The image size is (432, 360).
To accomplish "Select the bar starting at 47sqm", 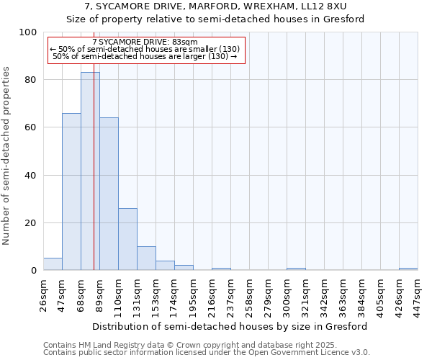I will (71, 192).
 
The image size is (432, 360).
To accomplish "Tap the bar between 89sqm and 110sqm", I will (109, 194).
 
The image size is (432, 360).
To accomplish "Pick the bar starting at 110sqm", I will (127, 239).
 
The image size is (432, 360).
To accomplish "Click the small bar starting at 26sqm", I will (53, 264).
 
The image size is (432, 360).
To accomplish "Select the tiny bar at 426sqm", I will (408, 269).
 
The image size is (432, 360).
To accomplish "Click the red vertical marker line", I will (94, 180).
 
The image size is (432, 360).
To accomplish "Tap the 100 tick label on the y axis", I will (28, 32).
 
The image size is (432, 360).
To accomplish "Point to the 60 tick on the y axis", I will (31, 127).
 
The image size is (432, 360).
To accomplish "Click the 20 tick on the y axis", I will (31, 223).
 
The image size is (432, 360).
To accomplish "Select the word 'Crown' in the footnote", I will (180, 346).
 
